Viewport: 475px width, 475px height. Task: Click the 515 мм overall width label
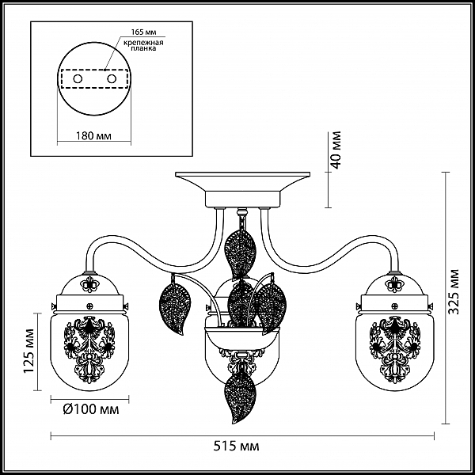click(236, 446)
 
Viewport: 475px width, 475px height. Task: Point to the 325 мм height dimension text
click(454, 291)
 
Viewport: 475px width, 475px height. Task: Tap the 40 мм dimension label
click(336, 150)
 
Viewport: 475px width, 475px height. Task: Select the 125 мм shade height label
click(29, 351)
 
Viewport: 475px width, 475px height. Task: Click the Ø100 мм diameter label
click(91, 409)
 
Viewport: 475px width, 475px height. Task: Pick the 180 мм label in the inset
click(93, 135)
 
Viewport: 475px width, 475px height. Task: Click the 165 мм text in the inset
click(143, 32)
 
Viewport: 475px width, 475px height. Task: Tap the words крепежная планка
click(143, 45)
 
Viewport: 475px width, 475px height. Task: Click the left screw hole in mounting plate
click(78, 79)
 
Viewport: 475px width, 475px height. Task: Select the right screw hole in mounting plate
click(112, 79)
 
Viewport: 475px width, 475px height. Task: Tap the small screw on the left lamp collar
click(89, 306)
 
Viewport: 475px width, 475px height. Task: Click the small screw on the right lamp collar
click(394, 306)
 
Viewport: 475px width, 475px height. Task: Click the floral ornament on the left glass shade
click(89, 350)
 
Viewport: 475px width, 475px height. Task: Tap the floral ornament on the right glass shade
click(394, 350)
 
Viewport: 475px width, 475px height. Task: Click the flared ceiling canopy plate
click(243, 181)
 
